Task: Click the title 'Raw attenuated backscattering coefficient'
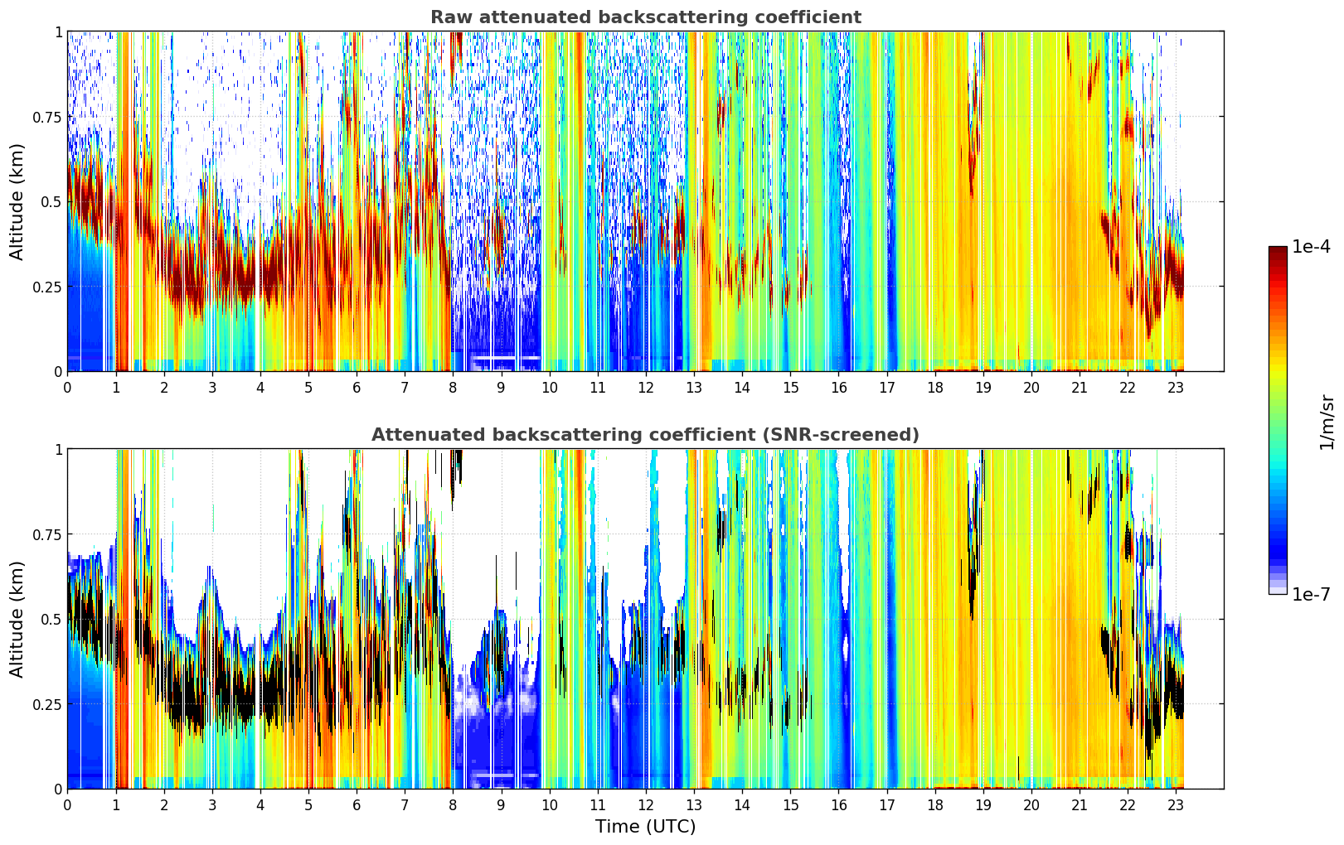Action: coord(646,17)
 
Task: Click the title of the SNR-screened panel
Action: coord(646,434)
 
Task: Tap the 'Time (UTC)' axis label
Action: coord(646,827)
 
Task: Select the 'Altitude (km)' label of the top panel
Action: coord(17,202)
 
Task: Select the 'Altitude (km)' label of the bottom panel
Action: coord(17,620)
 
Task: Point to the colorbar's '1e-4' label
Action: coord(1311,246)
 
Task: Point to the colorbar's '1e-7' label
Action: coord(1311,595)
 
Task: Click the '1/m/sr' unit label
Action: coord(1327,422)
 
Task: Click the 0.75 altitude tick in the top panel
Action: coord(47,117)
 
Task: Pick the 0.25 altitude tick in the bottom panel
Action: coord(47,704)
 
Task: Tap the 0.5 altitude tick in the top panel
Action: coord(51,202)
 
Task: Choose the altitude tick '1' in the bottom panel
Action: coord(59,450)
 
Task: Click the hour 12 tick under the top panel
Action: coord(646,387)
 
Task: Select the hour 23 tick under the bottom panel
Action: coord(1176,805)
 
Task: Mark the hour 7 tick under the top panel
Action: coord(405,387)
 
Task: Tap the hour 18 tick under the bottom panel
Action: coord(934,805)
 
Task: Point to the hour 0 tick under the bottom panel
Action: coord(67,805)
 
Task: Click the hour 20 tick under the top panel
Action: coord(1031,387)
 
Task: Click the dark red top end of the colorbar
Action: coord(1278,249)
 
